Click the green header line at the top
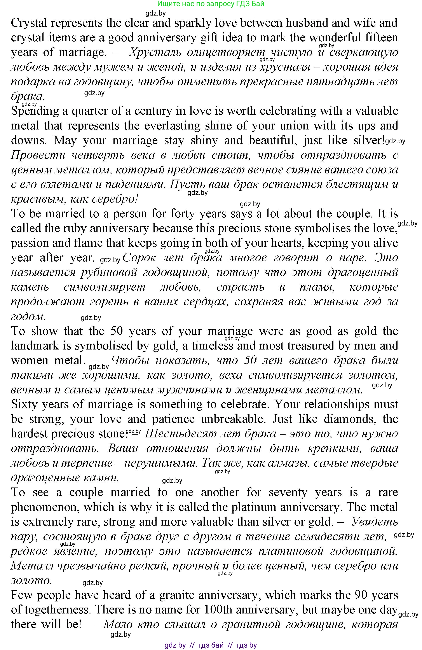(x=211, y=4)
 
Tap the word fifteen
(x=380, y=38)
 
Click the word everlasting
(x=173, y=126)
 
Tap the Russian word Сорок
(x=139, y=258)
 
